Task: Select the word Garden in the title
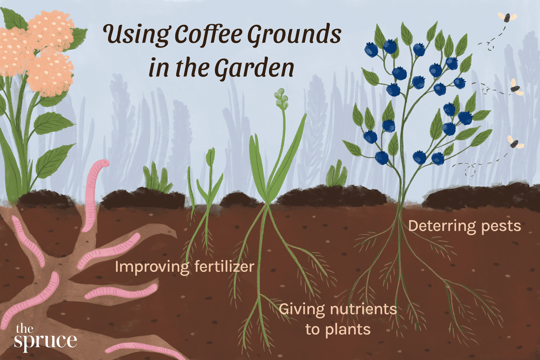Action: (x=254, y=68)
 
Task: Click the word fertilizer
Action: (x=224, y=267)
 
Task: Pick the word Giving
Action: (x=302, y=310)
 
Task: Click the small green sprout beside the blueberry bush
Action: (x=337, y=175)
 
